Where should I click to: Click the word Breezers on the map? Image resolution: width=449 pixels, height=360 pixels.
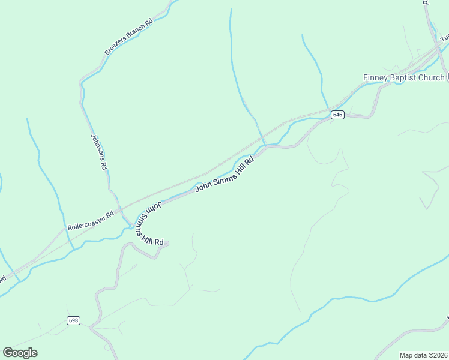(x=115, y=46)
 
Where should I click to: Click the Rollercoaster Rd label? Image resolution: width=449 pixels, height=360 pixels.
(x=91, y=221)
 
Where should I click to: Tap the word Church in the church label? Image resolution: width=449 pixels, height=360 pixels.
(x=432, y=77)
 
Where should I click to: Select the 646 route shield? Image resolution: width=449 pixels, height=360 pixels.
(x=337, y=115)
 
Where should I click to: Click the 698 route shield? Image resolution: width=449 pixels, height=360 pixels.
(x=74, y=320)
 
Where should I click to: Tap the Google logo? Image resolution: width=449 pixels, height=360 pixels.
(x=20, y=352)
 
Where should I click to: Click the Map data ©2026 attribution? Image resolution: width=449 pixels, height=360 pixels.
(x=424, y=355)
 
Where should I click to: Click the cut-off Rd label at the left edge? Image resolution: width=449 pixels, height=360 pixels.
(x=2, y=279)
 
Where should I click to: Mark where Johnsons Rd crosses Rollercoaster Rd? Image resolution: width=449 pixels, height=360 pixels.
(x=120, y=209)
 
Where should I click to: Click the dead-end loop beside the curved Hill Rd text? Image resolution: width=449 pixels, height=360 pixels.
(x=166, y=243)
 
